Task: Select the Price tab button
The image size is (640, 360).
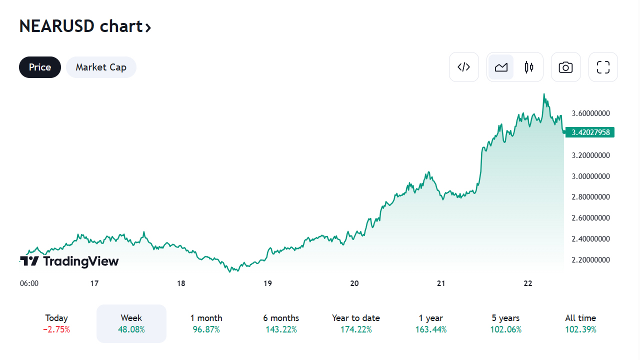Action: [x=40, y=67]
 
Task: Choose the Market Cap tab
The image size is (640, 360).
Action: [x=101, y=67]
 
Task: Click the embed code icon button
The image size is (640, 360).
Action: [x=464, y=67]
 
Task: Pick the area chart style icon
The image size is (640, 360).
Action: [x=501, y=67]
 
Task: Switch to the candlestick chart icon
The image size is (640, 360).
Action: [x=529, y=67]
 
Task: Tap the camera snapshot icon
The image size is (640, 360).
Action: [x=565, y=67]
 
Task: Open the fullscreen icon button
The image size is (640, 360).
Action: [x=603, y=67]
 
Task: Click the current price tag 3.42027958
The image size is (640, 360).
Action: [x=590, y=132]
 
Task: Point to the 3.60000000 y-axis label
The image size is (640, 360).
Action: [x=590, y=113]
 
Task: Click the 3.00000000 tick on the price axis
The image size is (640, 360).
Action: [x=590, y=176]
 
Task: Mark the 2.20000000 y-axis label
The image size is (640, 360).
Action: [x=590, y=260]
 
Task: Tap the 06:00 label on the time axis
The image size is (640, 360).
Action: [x=29, y=283]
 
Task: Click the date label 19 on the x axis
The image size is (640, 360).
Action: [x=267, y=283]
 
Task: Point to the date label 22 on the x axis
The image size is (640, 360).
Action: [x=527, y=283]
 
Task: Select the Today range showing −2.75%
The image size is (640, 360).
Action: [x=56, y=323]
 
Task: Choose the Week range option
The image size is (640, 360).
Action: [x=131, y=323]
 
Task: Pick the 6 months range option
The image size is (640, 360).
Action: [x=281, y=323]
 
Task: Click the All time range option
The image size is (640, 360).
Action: [x=580, y=323]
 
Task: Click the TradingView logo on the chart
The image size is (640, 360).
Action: [x=69, y=261]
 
